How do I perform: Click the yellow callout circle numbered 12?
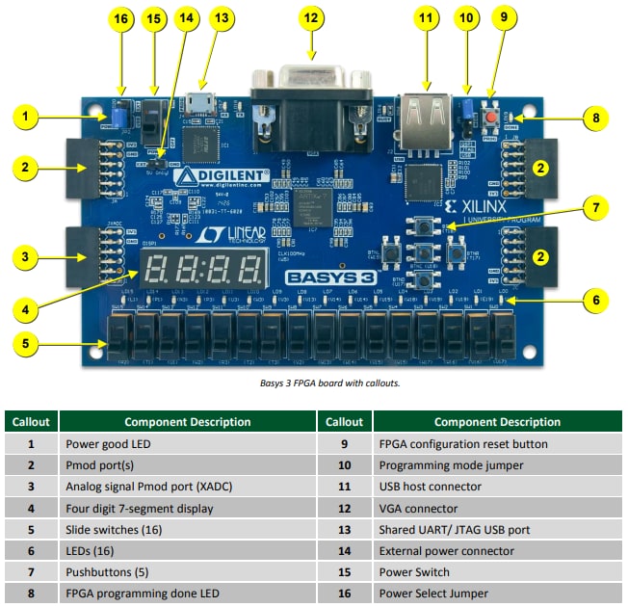pos(309,18)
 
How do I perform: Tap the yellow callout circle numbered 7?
pos(596,207)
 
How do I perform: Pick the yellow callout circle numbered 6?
pos(596,301)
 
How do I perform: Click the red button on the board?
pos(491,117)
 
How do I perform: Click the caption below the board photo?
pos(314,383)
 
